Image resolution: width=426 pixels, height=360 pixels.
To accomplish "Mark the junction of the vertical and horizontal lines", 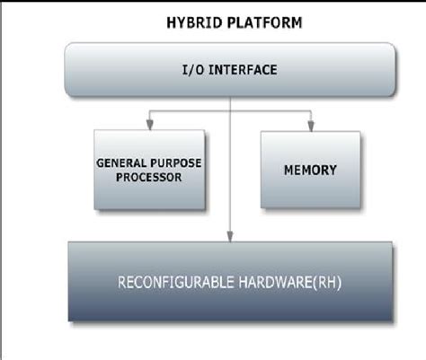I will [232, 111].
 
